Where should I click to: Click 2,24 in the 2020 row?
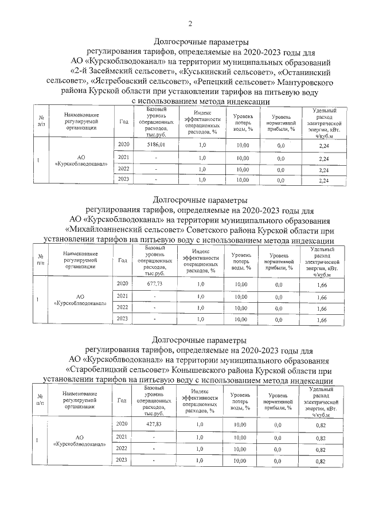coord(323,147)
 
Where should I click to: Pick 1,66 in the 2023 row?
coord(322,320)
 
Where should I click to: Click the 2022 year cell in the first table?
coord(123,169)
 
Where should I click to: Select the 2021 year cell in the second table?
coord(122,296)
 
